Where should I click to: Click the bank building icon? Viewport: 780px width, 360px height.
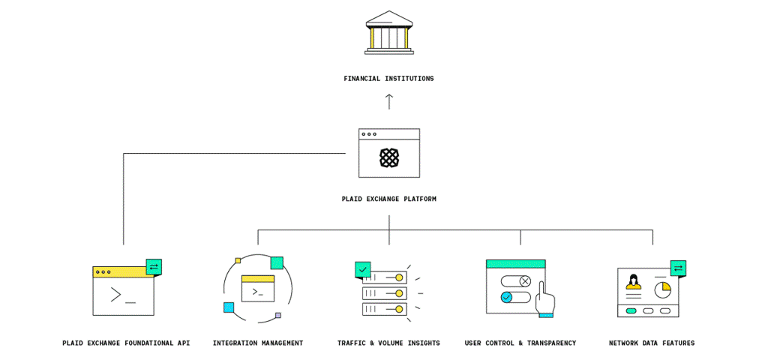tap(388, 32)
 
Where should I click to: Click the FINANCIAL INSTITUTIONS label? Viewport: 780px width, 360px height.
tap(388, 79)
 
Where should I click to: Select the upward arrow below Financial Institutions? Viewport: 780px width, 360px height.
tap(388, 101)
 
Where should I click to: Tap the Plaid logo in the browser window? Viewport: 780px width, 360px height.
tap(388, 157)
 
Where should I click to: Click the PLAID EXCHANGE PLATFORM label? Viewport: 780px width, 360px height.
tap(388, 199)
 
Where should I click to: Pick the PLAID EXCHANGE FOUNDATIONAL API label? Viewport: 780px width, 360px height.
tap(126, 343)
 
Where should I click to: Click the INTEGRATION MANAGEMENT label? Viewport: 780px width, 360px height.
tap(258, 343)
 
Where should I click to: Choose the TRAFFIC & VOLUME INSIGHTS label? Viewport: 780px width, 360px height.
tap(388, 343)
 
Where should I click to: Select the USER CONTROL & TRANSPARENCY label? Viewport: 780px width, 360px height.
tap(520, 343)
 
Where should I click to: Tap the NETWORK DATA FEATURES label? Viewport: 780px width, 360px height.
tap(652, 343)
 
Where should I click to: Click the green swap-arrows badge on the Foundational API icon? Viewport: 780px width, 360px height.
tap(154, 267)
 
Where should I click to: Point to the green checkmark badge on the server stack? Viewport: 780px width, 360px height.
tap(363, 269)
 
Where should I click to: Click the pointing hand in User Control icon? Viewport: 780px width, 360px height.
tap(545, 301)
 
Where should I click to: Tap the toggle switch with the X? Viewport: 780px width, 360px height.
tap(516, 281)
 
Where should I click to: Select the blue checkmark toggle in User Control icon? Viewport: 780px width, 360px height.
tap(508, 297)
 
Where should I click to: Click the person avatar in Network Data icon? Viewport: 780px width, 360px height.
tap(634, 282)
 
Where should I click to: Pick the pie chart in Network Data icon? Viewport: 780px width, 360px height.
tap(662, 289)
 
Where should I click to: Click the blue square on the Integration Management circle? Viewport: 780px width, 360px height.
tap(229, 307)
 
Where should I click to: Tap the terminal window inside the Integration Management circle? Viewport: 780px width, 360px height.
tap(258, 289)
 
